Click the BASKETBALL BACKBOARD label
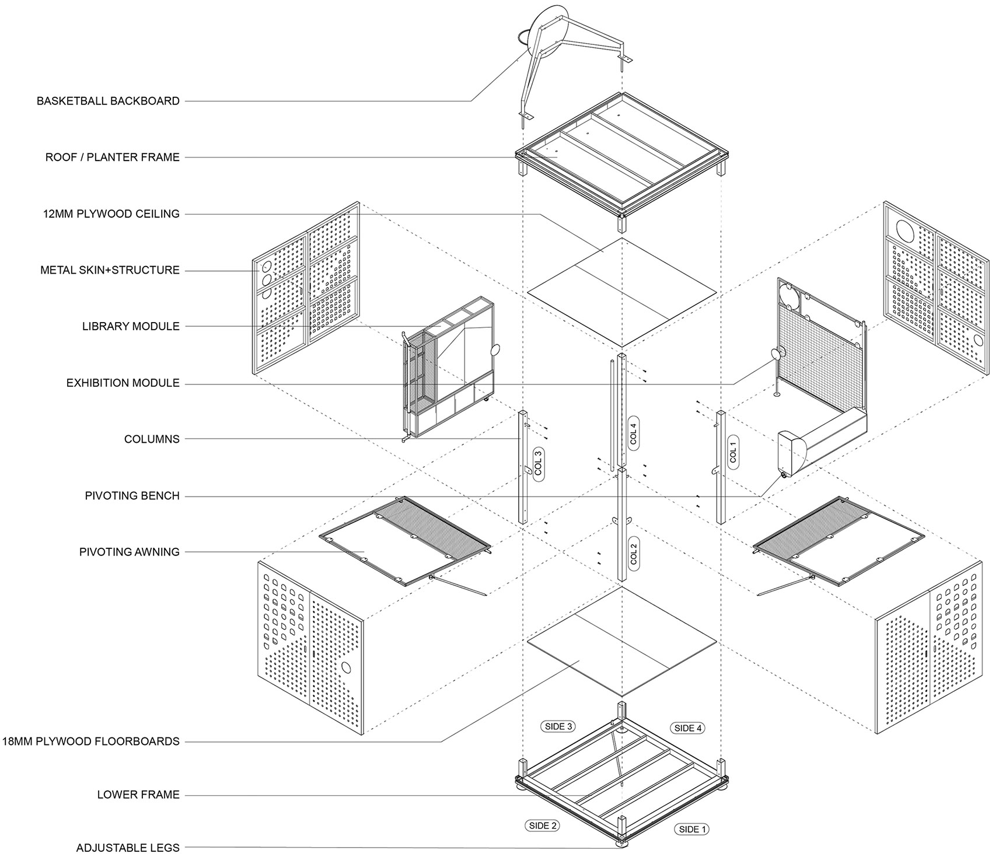pyautogui.click(x=108, y=101)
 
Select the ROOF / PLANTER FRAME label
pyautogui.click(x=113, y=157)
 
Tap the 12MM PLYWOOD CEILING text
pyautogui.click(x=111, y=214)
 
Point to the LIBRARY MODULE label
pyautogui.click(x=131, y=326)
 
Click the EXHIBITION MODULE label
pyautogui.click(x=123, y=383)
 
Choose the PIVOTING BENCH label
pyautogui.click(x=132, y=496)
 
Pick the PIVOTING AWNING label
pyautogui.click(x=130, y=552)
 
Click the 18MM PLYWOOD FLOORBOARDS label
pyautogui.click(x=90, y=741)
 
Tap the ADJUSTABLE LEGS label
pyautogui.click(x=128, y=848)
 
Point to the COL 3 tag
pyautogui.click(x=538, y=464)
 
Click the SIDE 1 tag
pyautogui.click(x=693, y=829)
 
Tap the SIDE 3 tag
pyautogui.click(x=558, y=726)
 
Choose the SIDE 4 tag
pyautogui.click(x=689, y=727)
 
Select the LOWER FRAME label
pyautogui.click(x=138, y=795)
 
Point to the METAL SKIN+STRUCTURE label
pyautogui.click(x=110, y=270)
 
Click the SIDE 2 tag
pyautogui.click(x=543, y=825)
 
